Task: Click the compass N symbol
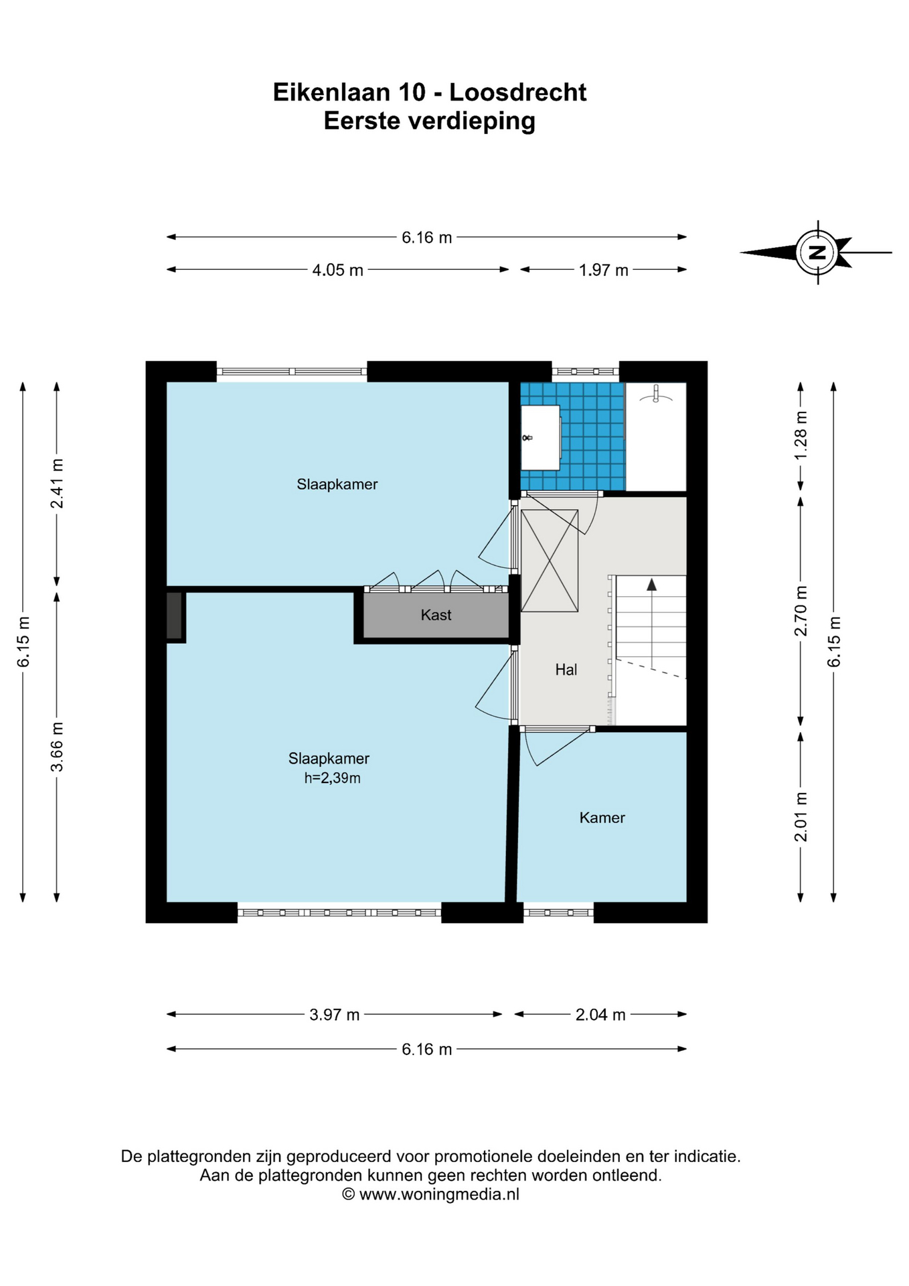(817, 253)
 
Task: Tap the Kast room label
(436, 615)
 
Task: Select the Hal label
(566, 669)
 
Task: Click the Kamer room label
(602, 817)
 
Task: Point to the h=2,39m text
(332, 778)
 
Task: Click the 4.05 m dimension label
(337, 270)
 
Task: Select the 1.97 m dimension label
(603, 270)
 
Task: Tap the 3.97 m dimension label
(334, 1014)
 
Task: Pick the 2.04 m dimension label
(600, 1014)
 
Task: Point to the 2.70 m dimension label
(801, 611)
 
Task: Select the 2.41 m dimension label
(57, 483)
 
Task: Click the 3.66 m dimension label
(57, 746)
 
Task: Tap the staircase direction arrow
(651, 585)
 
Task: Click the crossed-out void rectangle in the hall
(549, 561)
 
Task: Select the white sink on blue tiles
(541, 437)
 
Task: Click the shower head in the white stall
(657, 395)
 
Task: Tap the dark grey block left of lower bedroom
(174, 616)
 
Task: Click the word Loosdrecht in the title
(517, 92)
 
